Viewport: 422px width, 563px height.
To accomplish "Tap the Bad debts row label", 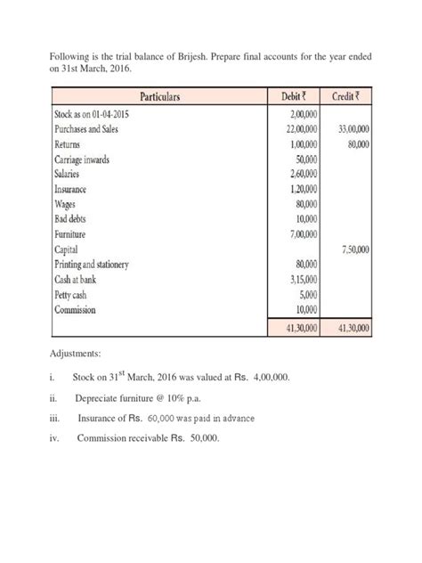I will point(75,220).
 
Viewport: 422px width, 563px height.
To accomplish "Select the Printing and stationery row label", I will point(92,265).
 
